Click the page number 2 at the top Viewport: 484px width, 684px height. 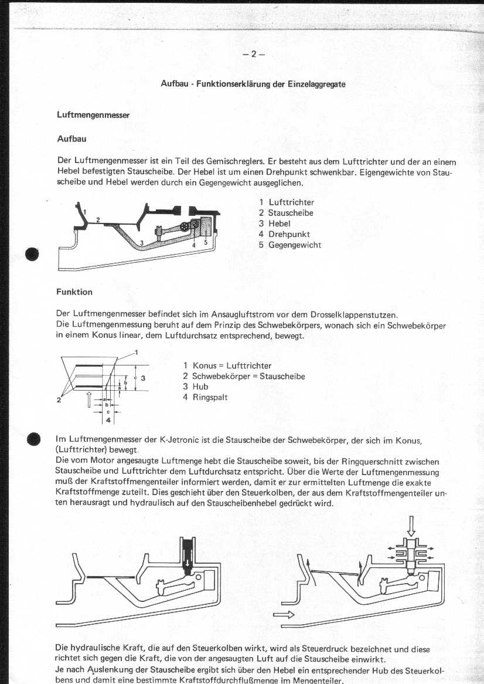pos(254,54)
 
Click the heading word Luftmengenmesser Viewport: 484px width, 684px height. pos(93,115)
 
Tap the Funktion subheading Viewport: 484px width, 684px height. pos(74,292)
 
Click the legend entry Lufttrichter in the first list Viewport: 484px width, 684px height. pos(291,202)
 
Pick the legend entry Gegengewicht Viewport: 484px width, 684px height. pos(295,245)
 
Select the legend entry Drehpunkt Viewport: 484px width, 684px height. pos(289,234)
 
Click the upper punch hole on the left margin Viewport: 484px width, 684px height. pos(33,253)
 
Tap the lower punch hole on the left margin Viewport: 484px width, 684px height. pos(33,440)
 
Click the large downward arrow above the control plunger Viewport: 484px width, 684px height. pos(411,523)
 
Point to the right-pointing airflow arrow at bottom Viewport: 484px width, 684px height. pos(283,615)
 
